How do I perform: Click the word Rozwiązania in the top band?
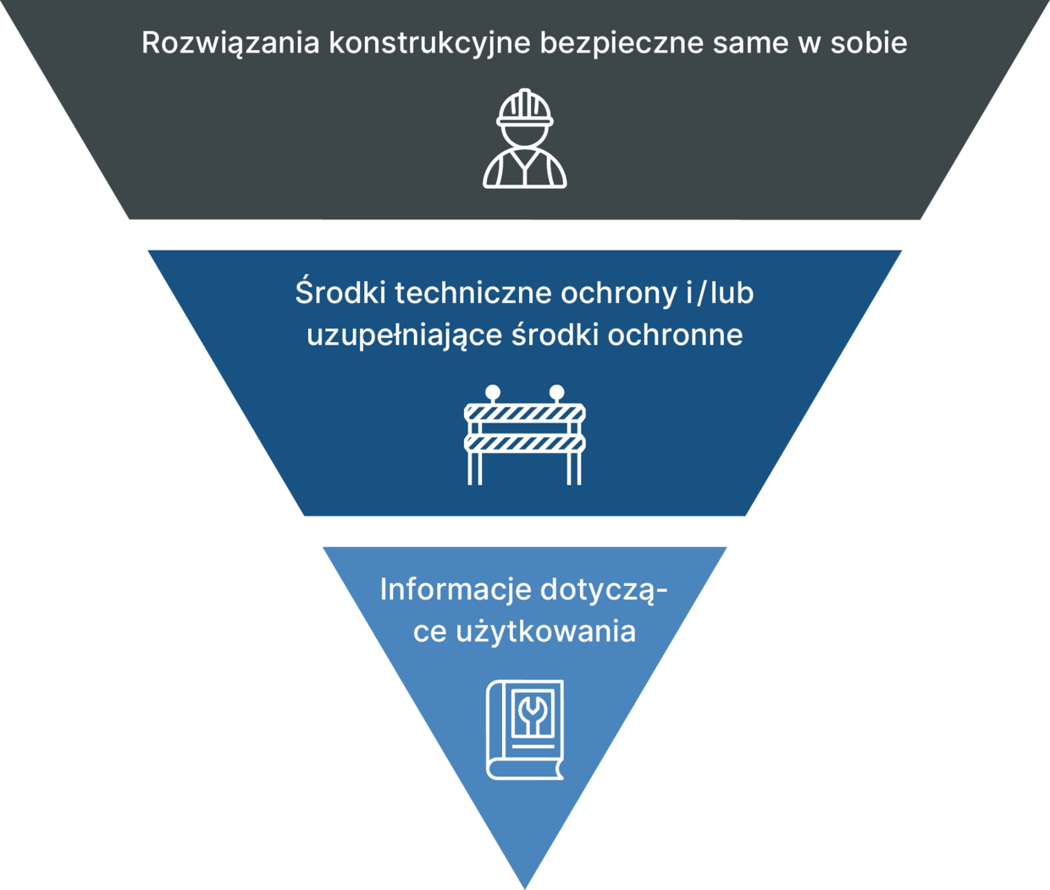click(x=230, y=43)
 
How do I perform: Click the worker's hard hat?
click(x=525, y=108)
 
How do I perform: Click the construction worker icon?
click(x=525, y=140)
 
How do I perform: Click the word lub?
click(x=732, y=293)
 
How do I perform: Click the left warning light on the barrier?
click(x=493, y=393)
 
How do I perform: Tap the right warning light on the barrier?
click(x=556, y=393)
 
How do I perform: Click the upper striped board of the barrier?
click(x=525, y=413)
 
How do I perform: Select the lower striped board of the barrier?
click(x=525, y=443)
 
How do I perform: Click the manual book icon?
click(x=525, y=729)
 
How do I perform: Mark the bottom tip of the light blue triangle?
click(x=526, y=884)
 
